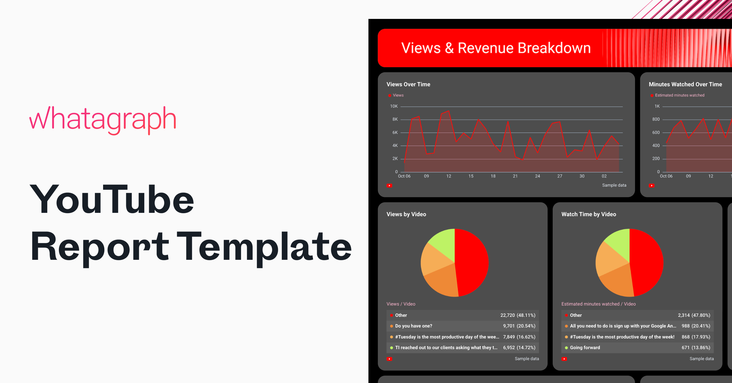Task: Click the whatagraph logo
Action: tap(103, 120)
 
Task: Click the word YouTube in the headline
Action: tap(112, 200)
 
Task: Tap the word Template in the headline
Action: tap(264, 247)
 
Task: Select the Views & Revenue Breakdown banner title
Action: tap(496, 48)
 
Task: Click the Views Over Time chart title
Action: tap(408, 84)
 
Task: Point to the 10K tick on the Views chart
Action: tap(394, 106)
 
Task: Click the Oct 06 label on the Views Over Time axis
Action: tap(404, 176)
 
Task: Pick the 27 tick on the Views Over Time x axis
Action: tap(560, 176)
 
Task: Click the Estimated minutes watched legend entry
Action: tap(680, 95)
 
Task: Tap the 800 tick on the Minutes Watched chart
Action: tap(656, 120)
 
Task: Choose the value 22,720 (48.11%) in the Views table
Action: tap(518, 315)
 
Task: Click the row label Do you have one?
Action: tap(414, 326)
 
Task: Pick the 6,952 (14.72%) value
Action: tap(519, 348)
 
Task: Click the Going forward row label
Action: tap(585, 348)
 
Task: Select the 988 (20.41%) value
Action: tap(696, 326)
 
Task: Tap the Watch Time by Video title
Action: tap(589, 214)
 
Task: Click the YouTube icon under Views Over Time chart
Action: tap(389, 186)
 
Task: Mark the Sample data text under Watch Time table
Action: tap(701, 359)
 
